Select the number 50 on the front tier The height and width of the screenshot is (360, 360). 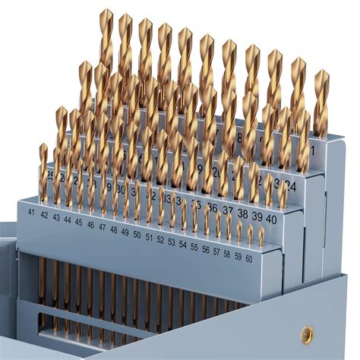tap(137, 234)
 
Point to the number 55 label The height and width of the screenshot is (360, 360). tap(194, 247)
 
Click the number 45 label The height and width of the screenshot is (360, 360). tap(79, 223)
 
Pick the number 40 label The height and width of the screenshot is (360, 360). tap(271, 218)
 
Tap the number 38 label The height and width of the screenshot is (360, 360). tap(242, 213)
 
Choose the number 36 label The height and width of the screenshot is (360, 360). tap(213, 207)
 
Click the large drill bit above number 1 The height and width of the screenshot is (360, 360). tap(321, 103)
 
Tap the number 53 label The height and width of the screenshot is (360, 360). tap(172, 242)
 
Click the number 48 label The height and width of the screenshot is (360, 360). tap(113, 229)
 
